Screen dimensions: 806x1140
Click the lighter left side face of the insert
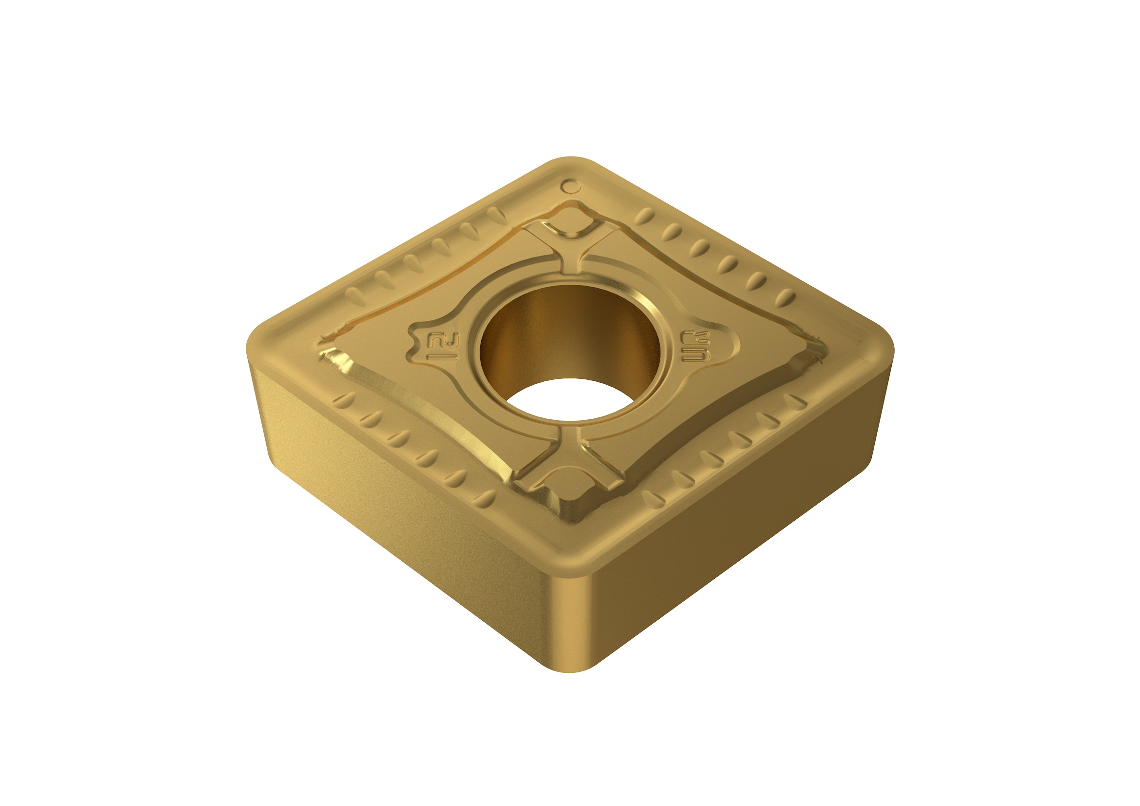397,521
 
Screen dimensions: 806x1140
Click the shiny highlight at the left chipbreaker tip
337,360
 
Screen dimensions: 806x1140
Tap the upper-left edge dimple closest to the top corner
493,214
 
